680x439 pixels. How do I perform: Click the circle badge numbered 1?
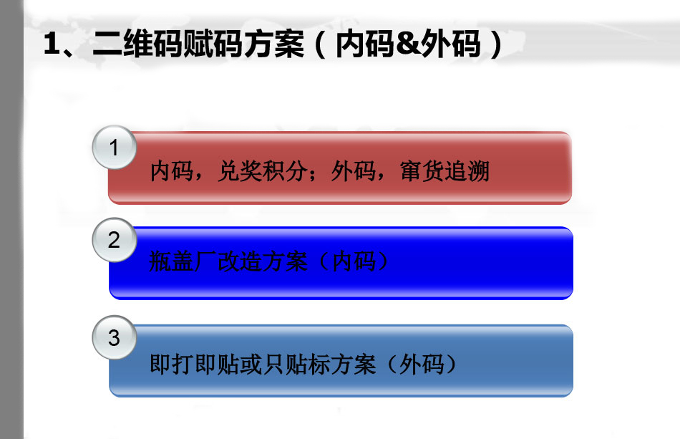115,148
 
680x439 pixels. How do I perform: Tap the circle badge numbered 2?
115,240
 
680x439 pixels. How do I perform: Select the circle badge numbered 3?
115,337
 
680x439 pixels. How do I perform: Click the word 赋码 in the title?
213,44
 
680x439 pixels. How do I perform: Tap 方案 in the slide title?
273,44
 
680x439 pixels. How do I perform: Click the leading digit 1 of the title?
52,44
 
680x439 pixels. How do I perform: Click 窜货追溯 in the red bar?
445,171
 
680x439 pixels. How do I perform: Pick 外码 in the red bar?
354,171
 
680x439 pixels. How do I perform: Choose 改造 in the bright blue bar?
239,261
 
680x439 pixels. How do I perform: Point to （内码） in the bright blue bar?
354,261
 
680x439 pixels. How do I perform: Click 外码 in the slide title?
451,44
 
